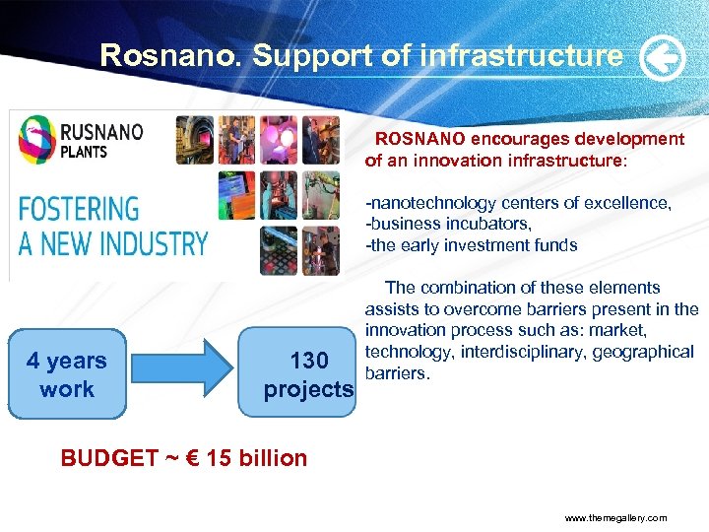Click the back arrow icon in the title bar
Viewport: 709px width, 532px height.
pyautogui.click(x=663, y=60)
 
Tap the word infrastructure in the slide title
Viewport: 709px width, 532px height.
pyautogui.click(x=521, y=55)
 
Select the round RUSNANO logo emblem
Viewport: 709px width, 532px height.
pyautogui.click(x=37, y=139)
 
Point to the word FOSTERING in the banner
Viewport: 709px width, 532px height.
pyautogui.click(x=79, y=209)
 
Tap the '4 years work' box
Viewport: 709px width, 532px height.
pyautogui.click(x=67, y=375)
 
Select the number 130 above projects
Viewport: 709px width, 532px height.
pyautogui.click(x=308, y=362)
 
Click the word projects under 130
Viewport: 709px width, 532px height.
pyautogui.click(x=308, y=389)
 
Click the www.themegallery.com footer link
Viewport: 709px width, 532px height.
pyautogui.click(x=615, y=517)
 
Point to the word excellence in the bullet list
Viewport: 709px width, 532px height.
pyautogui.click(x=631, y=203)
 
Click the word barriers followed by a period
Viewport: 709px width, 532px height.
pyautogui.click(x=398, y=373)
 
